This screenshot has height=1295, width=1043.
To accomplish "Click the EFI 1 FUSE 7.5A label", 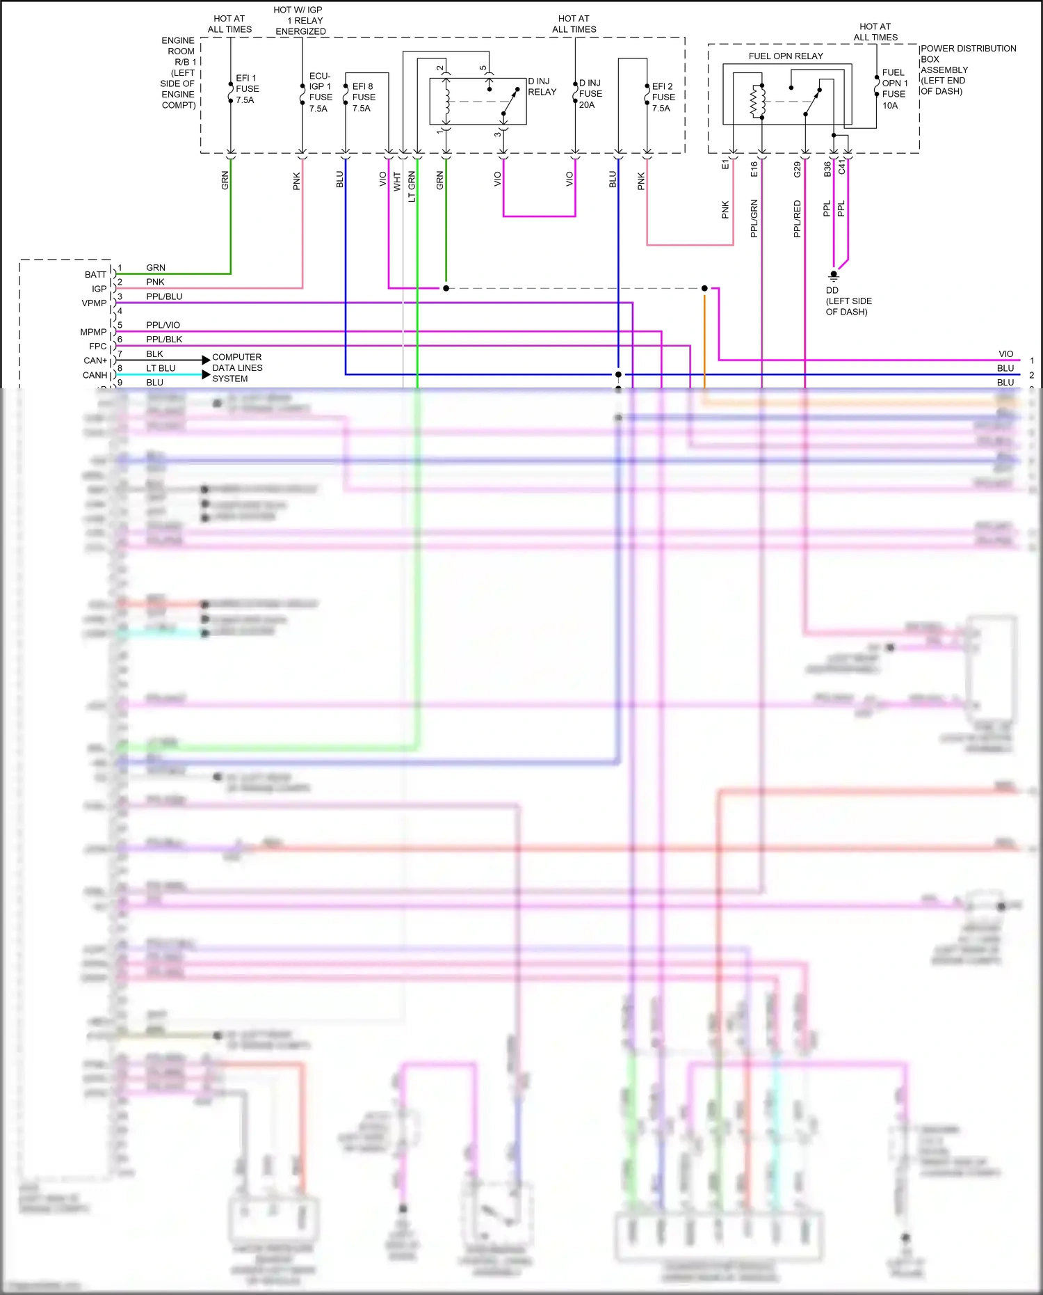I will coord(247,89).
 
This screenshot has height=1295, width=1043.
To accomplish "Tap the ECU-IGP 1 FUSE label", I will coord(321,92).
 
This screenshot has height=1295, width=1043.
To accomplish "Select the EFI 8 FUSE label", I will coord(364,97).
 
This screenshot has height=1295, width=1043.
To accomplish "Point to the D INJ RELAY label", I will coord(542,87).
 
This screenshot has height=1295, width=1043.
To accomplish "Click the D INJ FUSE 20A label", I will coord(590,94).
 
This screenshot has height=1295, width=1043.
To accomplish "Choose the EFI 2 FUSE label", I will coord(663,97).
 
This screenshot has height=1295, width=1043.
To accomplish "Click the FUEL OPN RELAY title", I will coord(786,56).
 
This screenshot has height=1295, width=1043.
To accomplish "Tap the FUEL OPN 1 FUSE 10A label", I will coord(894,89).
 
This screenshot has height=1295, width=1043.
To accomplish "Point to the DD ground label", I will coord(848,301).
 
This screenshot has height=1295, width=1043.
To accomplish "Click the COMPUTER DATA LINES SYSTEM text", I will coord(237,368).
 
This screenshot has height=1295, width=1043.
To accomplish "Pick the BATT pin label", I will coord(95,275).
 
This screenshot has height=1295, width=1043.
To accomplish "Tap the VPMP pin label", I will coord(94,303).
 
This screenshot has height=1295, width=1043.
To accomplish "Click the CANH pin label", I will coord(95,375).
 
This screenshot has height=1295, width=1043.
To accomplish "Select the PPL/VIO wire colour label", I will coord(163,325).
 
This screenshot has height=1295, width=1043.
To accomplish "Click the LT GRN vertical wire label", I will coord(412,186).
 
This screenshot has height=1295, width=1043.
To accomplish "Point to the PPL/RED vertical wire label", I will coord(798,219).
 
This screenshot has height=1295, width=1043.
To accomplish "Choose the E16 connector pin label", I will coord(754,169).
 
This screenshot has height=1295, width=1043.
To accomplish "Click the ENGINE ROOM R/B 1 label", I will coord(178,73).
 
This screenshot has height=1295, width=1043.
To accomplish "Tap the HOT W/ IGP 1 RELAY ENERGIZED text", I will coord(300,21).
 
